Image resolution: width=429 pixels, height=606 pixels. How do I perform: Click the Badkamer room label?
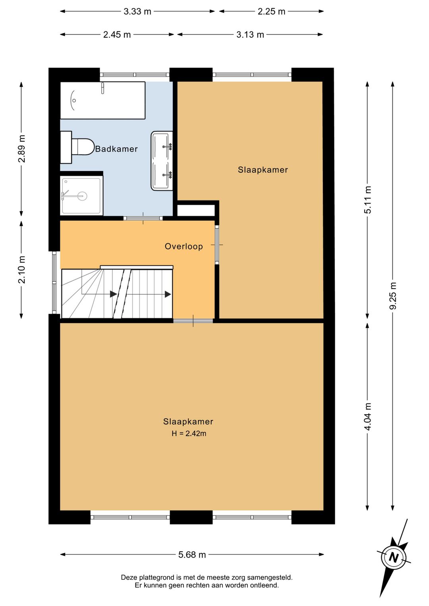(x=116, y=149)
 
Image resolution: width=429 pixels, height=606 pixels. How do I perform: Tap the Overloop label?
(x=184, y=247)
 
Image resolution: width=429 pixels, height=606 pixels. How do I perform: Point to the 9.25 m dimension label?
(x=392, y=295)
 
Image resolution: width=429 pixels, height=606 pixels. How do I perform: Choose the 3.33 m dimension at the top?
(x=137, y=12)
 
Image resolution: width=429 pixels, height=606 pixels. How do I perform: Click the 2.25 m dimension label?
(x=271, y=12)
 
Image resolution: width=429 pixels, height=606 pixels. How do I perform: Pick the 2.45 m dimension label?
(x=117, y=35)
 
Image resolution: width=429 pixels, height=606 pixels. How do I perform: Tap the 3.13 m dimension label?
(x=250, y=35)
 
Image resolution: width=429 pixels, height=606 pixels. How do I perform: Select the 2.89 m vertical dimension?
(x=21, y=149)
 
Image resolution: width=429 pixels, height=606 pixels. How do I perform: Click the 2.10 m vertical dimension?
(x=21, y=270)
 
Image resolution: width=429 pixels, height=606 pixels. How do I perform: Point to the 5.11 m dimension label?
(x=367, y=200)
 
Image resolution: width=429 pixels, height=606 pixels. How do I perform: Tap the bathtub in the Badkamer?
(x=102, y=100)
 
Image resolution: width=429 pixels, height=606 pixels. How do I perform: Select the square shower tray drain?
(x=82, y=196)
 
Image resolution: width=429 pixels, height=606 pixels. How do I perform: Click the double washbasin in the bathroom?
(x=162, y=161)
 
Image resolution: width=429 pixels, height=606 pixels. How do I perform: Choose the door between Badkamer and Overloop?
(x=143, y=218)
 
